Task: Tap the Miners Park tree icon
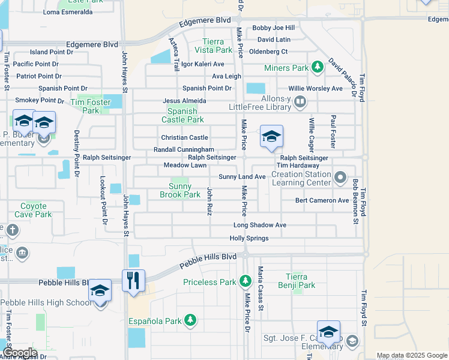(316, 68)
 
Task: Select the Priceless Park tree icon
(245, 281)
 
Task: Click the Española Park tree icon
(190, 320)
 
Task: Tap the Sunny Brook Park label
(180, 190)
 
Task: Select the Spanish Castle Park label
(182, 115)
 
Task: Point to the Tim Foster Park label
(90, 106)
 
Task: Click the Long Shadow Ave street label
(260, 225)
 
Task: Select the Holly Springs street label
(249, 238)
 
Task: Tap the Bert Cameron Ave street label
(322, 200)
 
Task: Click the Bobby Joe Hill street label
(273, 28)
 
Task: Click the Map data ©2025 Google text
(412, 356)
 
